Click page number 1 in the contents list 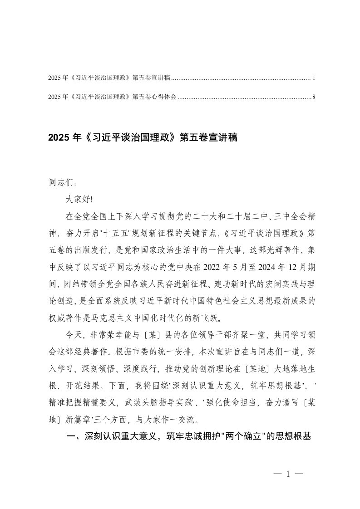pyautogui.click(x=314, y=78)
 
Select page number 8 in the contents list pyautogui.click(x=314, y=97)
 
